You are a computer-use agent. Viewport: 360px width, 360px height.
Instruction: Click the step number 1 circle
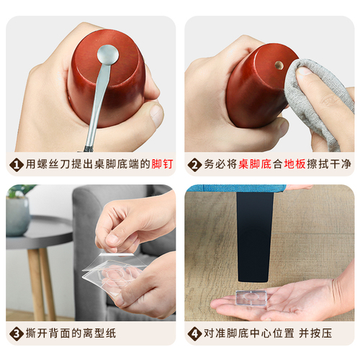(15, 165)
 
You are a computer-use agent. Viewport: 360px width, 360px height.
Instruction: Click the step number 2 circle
(194, 165)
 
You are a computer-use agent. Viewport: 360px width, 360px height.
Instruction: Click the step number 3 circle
(15, 334)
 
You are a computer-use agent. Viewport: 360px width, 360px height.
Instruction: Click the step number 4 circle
(194, 334)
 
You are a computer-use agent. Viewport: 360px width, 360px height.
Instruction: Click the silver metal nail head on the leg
(107, 53)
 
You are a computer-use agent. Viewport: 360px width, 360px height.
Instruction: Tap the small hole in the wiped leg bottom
(278, 65)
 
